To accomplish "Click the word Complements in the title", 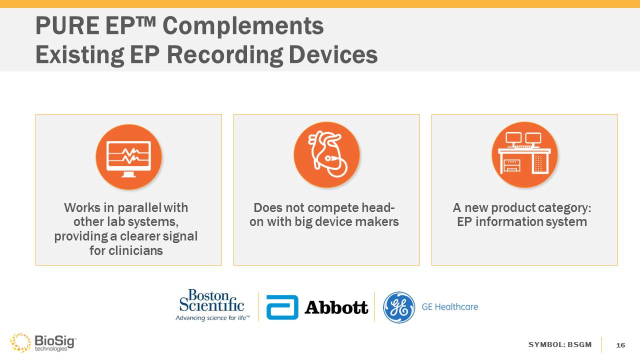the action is click(x=243, y=26).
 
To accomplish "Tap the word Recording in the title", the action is click(x=225, y=55).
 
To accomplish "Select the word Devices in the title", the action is click(x=333, y=54).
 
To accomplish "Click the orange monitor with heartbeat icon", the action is click(x=128, y=157).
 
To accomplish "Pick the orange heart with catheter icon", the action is click(x=326, y=155).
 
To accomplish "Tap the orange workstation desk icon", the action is click(x=524, y=155).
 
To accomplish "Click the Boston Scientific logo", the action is click(x=212, y=305).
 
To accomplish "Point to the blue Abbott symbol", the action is click(x=282, y=307).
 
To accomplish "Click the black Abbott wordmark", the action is click(x=336, y=307).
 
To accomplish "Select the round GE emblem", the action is click(x=399, y=307).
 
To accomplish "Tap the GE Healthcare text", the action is click(x=449, y=307).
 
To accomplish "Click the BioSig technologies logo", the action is click(x=43, y=342).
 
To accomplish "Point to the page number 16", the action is click(x=620, y=345).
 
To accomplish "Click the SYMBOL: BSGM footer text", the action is click(x=560, y=344).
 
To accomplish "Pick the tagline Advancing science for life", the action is click(x=212, y=318).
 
